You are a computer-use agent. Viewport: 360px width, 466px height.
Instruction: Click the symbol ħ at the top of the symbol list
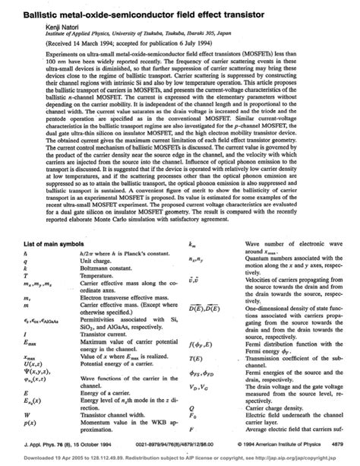click(27, 253)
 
